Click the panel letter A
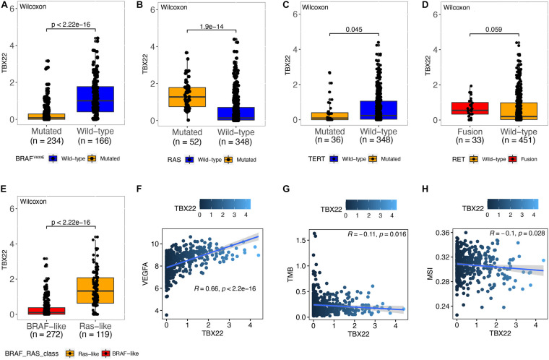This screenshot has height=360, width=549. (x=5, y=5)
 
